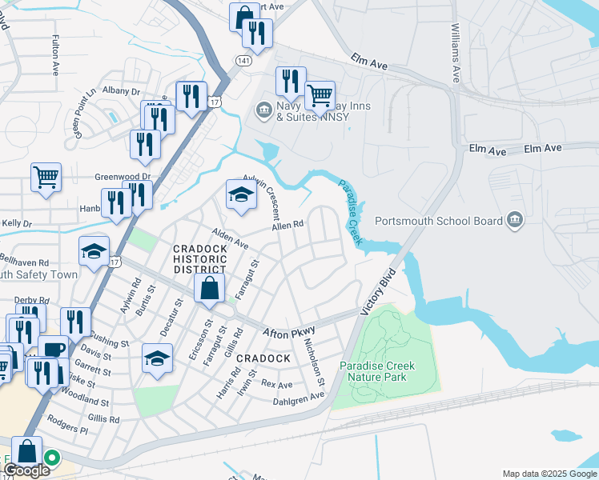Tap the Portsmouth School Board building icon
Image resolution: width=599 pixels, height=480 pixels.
(x=514, y=221)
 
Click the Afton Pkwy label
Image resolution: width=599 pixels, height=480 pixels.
(x=290, y=330)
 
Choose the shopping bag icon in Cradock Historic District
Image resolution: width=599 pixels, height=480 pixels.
(x=208, y=289)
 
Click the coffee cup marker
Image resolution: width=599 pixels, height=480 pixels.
(x=54, y=350)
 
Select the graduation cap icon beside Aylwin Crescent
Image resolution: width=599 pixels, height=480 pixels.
(x=240, y=195)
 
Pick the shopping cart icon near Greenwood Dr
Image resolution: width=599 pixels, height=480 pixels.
(x=46, y=177)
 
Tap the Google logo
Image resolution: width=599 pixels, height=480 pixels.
(x=26, y=470)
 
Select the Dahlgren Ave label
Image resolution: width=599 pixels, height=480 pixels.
(x=298, y=396)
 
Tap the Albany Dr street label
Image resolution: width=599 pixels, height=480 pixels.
(x=120, y=92)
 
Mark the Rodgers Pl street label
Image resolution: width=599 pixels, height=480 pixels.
(x=68, y=429)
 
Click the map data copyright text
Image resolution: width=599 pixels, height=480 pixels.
(x=549, y=474)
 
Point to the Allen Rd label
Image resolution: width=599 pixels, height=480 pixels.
(x=288, y=227)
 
